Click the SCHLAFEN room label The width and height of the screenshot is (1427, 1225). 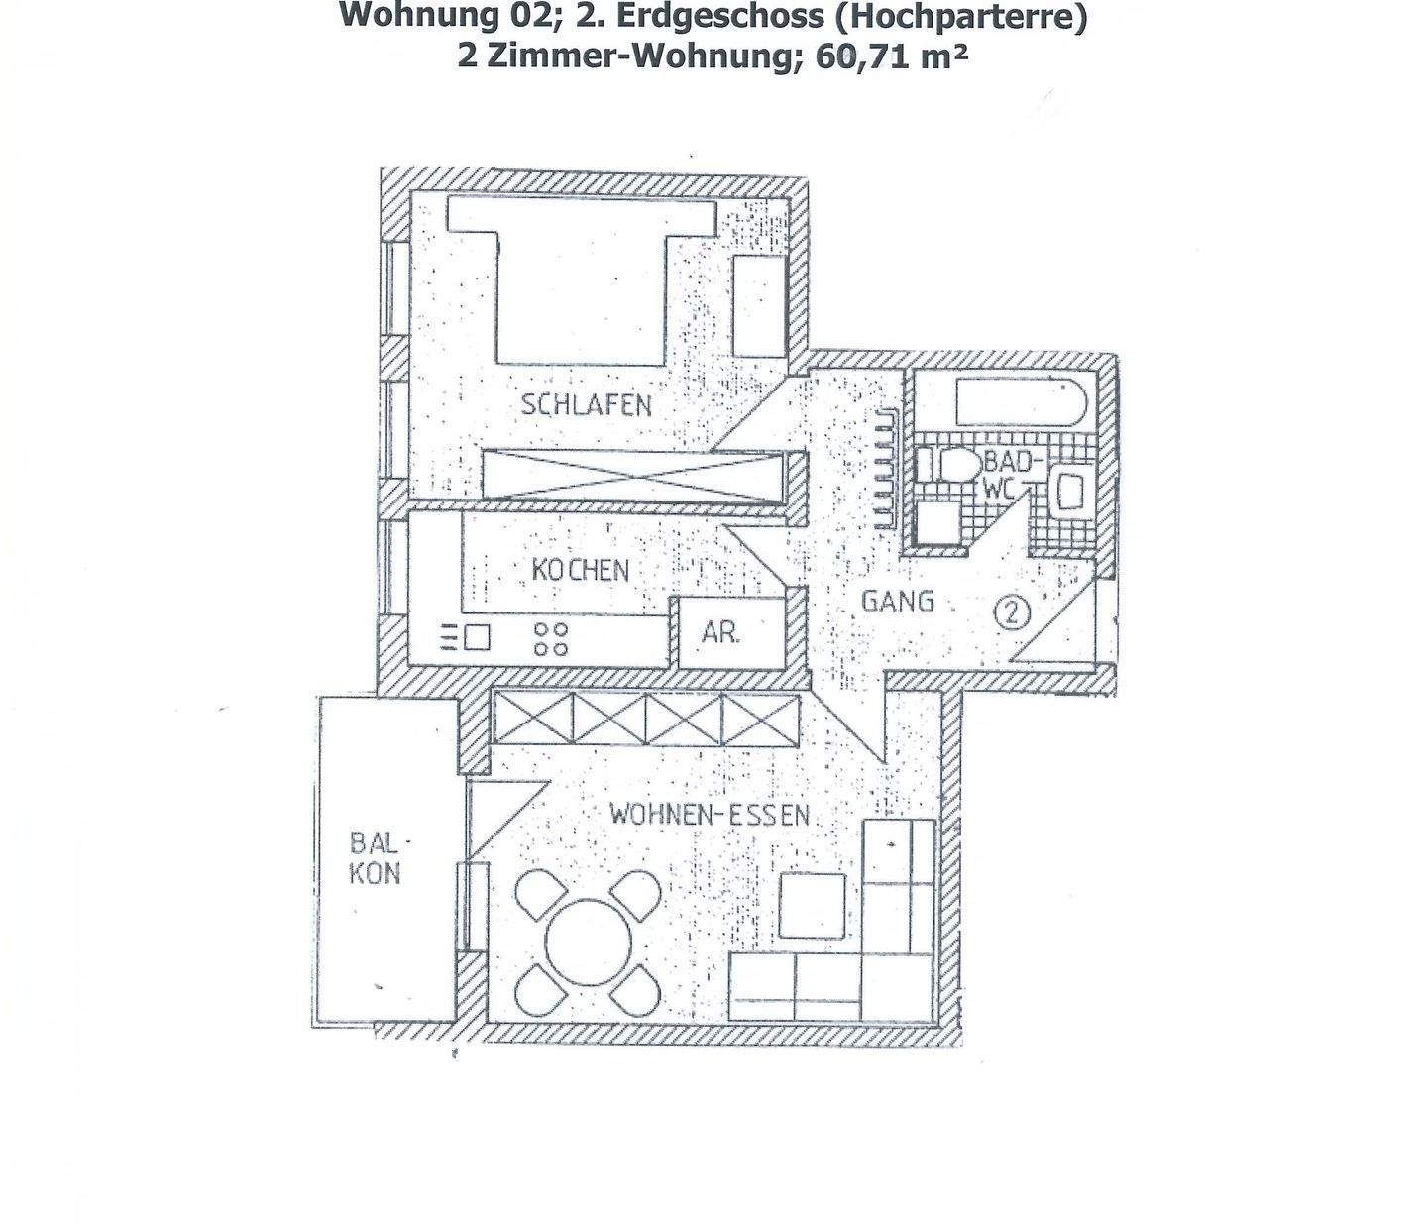click(587, 405)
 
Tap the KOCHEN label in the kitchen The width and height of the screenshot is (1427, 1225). click(581, 570)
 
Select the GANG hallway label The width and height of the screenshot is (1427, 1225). click(897, 601)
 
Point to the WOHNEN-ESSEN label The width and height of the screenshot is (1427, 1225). click(710, 816)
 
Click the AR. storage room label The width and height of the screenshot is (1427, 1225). click(720, 633)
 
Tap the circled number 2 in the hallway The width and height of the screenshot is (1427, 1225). click(1012, 612)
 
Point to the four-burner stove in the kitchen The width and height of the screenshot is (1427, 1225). click(551, 639)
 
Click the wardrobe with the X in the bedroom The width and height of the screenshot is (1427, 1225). click(634, 474)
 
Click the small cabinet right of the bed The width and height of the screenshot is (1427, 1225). click(758, 306)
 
